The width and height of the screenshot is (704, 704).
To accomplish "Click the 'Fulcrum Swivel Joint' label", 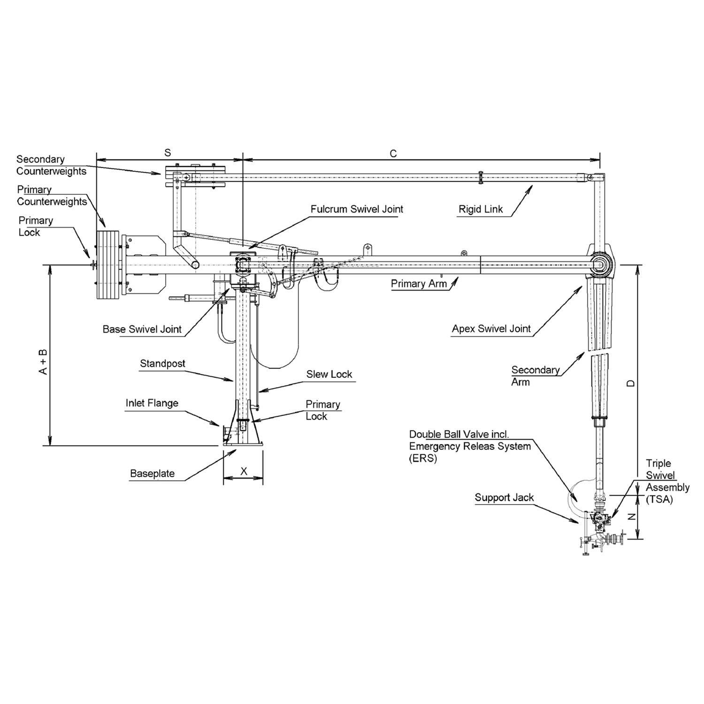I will click(357, 209).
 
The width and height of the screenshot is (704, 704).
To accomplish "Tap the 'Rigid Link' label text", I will click(480, 209).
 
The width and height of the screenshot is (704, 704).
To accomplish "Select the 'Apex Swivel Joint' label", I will click(491, 329).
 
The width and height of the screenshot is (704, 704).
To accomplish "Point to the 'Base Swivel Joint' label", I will click(142, 329).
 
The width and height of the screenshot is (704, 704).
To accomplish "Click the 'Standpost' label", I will click(162, 364).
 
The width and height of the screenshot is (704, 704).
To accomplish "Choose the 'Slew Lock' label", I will click(329, 375).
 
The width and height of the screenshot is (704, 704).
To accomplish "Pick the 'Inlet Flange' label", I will click(152, 403).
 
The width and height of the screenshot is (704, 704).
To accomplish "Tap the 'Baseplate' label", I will click(152, 474).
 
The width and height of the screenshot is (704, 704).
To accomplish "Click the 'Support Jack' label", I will click(504, 498).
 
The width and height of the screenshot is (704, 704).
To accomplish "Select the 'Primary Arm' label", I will click(419, 284).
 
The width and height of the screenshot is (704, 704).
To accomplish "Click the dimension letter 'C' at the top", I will click(393, 154).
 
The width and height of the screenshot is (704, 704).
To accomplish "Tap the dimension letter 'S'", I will click(168, 153).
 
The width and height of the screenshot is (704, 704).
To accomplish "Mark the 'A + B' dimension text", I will click(43, 361).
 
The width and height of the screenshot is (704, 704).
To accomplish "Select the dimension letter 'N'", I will click(632, 517).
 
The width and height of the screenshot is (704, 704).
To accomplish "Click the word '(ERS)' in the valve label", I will click(423, 459).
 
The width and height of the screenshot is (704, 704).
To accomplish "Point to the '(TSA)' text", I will click(659, 500).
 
